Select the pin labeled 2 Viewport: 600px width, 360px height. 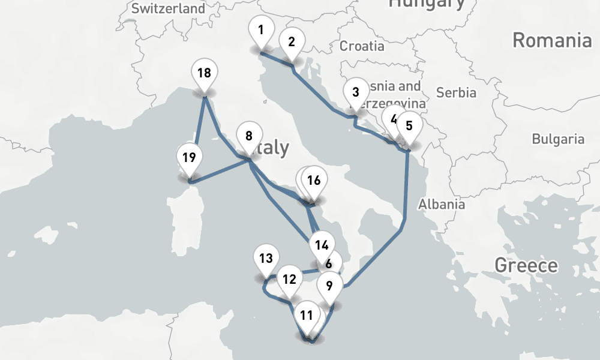click(x=292, y=42)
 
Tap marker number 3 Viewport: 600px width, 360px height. click(x=356, y=93)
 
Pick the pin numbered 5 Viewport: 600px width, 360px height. click(x=409, y=127)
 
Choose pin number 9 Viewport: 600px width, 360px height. click(x=329, y=285)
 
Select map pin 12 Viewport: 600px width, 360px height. click(x=289, y=280)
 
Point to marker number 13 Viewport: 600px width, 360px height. click(x=266, y=259)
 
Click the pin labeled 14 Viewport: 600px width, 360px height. click(x=322, y=245)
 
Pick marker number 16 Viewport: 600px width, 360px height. click(x=314, y=181)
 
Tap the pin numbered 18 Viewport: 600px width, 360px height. click(x=204, y=74)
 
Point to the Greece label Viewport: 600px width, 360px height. click(x=526, y=265)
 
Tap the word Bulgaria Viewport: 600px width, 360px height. click(x=558, y=139)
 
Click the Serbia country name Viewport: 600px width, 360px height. click(x=456, y=92)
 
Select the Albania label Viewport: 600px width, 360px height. click(x=442, y=204)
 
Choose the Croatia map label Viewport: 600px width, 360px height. click(x=362, y=46)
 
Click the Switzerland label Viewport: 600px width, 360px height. click(x=167, y=8)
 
